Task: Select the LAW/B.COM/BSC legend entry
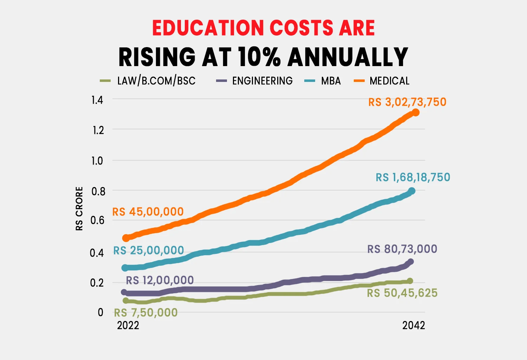(x=156, y=81)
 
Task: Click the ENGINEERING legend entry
(x=262, y=81)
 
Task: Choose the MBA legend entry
(x=331, y=81)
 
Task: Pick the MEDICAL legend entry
(x=389, y=81)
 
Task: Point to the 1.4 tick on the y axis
(x=97, y=100)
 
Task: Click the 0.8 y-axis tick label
(x=98, y=192)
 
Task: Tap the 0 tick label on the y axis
(x=100, y=312)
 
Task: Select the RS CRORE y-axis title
(x=79, y=208)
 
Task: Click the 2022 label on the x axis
(x=128, y=325)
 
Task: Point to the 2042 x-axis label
(x=414, y=325)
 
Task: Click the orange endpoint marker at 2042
(x=416, y=112)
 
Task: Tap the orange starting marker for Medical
(x=126, y=238)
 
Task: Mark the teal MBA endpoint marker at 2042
(x=412, y=191)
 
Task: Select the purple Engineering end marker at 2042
(x=410, y=262)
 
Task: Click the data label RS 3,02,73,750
(x=407, y=102)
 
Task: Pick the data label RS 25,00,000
(x=148, y=250)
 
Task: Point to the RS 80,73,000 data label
(x=402, y=249)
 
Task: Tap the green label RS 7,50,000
(x=146, y=313)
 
